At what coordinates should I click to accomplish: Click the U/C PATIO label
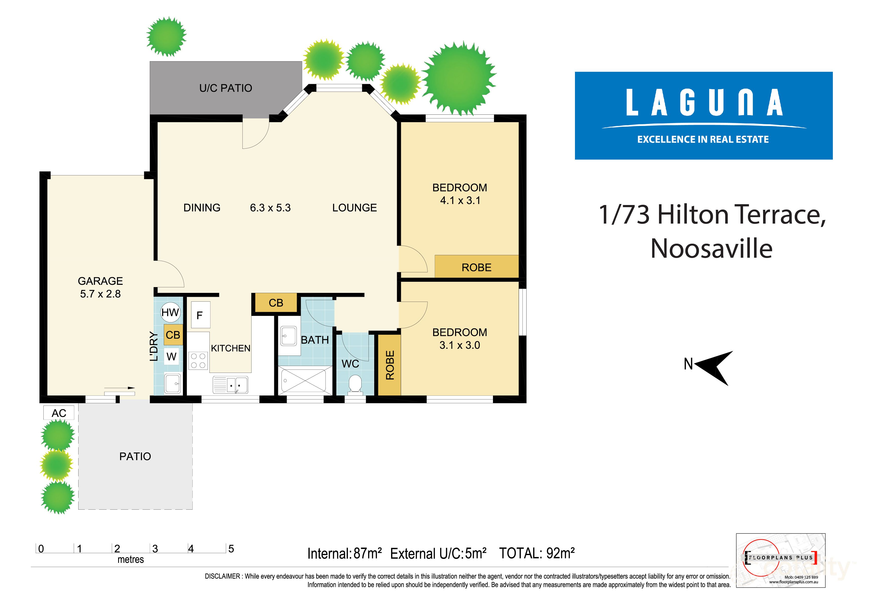tap(226, 88)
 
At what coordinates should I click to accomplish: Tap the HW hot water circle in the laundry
tap(170, 312)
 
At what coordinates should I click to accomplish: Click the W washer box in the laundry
tap(171, 356)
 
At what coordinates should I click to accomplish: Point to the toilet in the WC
tap(355, 384)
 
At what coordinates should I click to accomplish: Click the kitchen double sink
tap(231, 385)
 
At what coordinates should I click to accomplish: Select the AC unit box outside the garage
tap(59, 413)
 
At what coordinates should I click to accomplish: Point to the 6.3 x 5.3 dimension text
tap(270, 208)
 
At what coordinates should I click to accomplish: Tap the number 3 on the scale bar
tap(155, 549)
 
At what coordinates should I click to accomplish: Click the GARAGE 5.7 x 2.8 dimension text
tap(100, 294)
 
